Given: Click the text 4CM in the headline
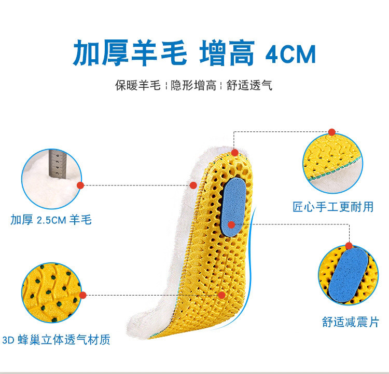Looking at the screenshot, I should click(290, 54).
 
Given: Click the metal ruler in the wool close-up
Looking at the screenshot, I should click(57, 165).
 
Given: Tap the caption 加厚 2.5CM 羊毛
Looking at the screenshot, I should click(51, 220).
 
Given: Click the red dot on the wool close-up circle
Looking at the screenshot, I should click(81, 184).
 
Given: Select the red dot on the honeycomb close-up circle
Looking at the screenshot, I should click(81, 295).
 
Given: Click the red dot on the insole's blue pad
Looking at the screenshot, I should click(231, 224).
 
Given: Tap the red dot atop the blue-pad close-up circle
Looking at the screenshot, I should click(349, 245).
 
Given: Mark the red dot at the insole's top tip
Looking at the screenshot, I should click(234, 153).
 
